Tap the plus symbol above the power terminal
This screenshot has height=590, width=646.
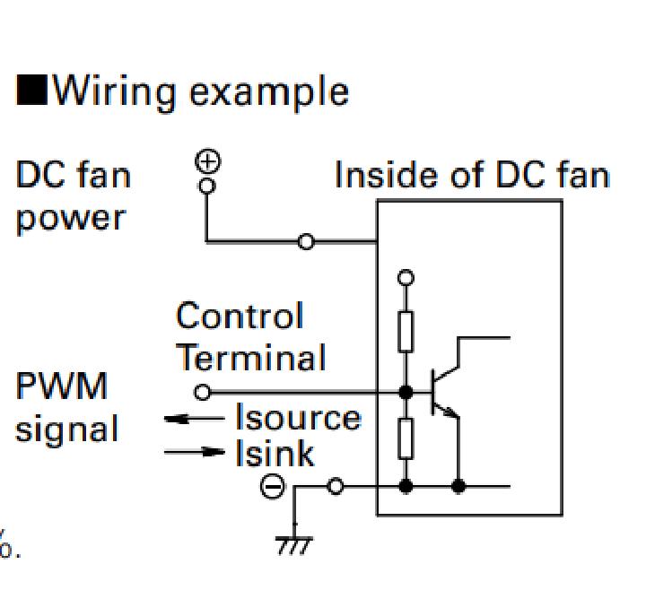click(x=207, y=162)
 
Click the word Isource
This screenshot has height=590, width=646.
click(x=298, y=418)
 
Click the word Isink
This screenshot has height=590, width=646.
click(x=275, y=454)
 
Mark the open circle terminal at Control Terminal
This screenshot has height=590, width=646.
click(x=203, y=392)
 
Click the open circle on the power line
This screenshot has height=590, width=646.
click(x=306, y=241)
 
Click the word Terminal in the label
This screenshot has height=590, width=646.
click(x=249, y=358)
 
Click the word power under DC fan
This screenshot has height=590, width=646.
click(x=67, y=216)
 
